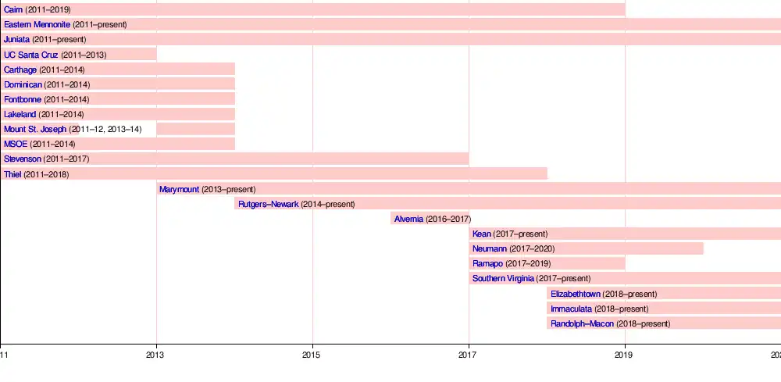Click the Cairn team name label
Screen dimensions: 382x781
pos(13,9)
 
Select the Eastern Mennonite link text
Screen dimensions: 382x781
pos(37,24)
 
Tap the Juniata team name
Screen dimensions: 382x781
pos(16,39)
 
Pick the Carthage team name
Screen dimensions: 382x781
pos(20,70)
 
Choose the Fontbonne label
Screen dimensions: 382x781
pos(23,99)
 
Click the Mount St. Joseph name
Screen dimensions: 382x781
pos(35,129)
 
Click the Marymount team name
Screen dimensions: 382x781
pos(179,189)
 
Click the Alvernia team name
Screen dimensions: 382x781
pos(408,219)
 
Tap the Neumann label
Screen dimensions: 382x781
pos(490,248)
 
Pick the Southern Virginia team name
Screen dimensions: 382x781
pos(503,278)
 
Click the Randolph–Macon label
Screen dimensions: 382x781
pos(582,323)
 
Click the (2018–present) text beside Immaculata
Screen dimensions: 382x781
pos(621,309)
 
